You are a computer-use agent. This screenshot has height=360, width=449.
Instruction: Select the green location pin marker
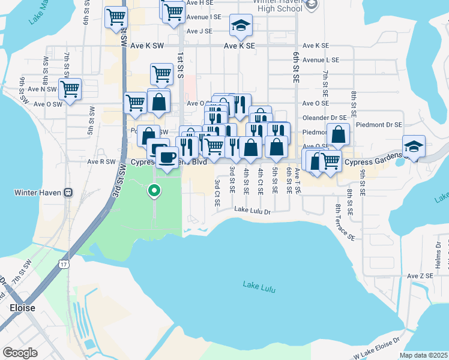click(x=154, y=191)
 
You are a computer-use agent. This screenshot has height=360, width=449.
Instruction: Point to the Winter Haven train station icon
click(x=68, y=193)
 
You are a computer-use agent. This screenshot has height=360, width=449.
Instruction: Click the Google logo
click(x=20, y=352)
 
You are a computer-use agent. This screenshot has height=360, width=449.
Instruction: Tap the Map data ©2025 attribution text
click(x=423, y=355)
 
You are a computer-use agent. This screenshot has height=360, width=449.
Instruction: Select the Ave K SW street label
click(x=144, y=45)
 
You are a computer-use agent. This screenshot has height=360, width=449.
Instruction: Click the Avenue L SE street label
click(x=321, y=60)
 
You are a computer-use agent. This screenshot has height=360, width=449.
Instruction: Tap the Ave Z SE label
click(x=420, y=276)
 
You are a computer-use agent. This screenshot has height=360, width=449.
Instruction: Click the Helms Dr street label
click(x=438, y=253)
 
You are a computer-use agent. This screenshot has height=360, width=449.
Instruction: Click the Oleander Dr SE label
click(x=324, y=118)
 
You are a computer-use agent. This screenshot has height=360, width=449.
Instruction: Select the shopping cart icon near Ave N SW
click(x=70, y=89)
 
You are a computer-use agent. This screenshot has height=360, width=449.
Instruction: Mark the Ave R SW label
click(x=101, y=161)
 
